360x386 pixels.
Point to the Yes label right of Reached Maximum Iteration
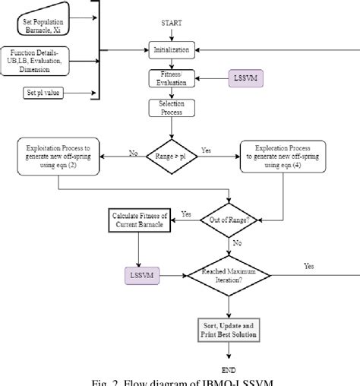pos(308,267)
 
